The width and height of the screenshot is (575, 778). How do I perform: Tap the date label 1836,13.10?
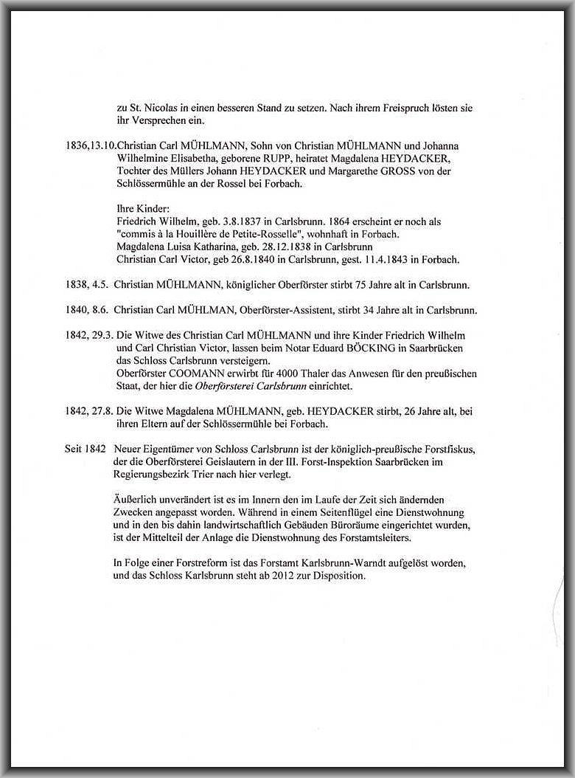coord(91,146)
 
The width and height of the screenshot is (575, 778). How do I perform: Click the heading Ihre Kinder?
coord(143,209)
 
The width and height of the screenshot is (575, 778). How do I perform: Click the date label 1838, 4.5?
coord(86,284)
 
